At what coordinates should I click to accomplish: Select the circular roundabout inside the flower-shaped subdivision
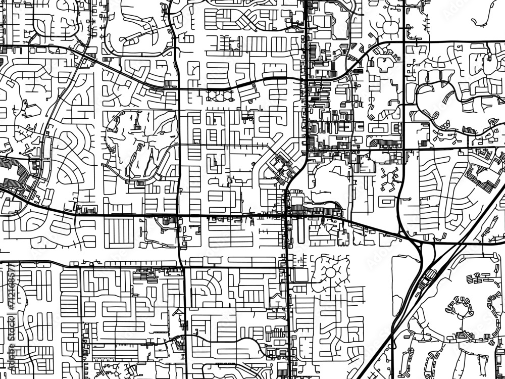pyautogui.click(x=331, y=272)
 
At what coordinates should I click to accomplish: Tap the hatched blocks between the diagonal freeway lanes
pyautogui.click(x=430, y=275)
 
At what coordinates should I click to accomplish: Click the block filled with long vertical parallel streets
pyautogui.click(x=119, y=233)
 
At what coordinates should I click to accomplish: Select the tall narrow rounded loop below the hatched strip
pyautogui.click(x=299, y=230)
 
